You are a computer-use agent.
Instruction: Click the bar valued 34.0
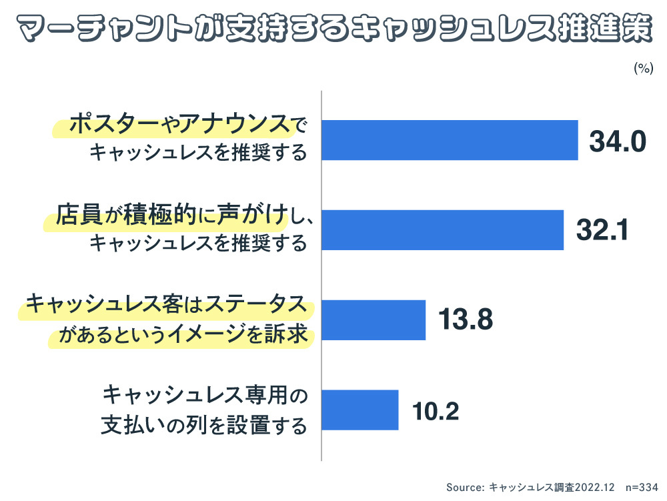[450, 140]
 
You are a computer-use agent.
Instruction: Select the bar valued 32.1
[443, 230]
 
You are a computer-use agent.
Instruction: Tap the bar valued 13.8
[374, 320]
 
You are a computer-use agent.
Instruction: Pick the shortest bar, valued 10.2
[360, 410]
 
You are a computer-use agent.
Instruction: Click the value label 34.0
[618, 141]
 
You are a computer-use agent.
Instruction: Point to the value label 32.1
[602, 231]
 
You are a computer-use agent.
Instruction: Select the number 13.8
[465, 321]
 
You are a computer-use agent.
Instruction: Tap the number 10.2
[436, 411]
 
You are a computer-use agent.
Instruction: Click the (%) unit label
[642, 69]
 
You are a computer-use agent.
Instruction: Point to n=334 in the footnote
[642, 488]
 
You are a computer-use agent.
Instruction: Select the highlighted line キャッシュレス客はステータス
[167, 305]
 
